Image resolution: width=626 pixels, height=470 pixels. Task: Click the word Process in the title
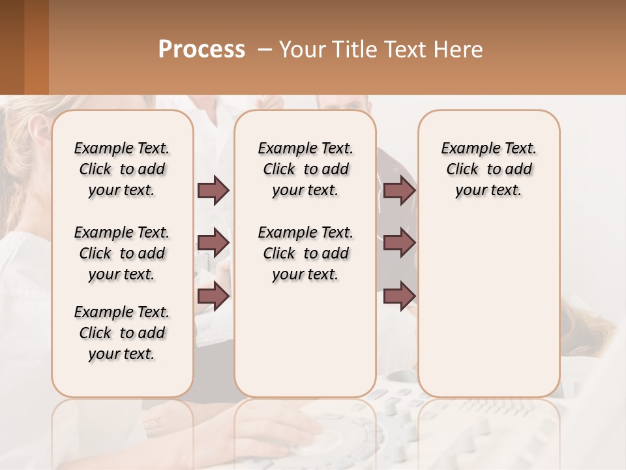[x=201, y=50]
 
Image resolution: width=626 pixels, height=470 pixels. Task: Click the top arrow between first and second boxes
[x=213, y=191]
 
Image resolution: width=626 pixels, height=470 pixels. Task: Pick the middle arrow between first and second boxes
[x=213, y=243]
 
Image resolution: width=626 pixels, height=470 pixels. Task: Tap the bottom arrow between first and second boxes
[x=213, y=296]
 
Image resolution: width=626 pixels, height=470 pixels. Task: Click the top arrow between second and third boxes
[x=399, y=191]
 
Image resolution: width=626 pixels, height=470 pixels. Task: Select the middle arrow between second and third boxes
[x=399, y=243]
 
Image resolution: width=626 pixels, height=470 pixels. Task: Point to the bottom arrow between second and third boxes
[x=399, y=296]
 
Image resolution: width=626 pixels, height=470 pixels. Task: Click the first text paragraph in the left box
[x=122, y=169]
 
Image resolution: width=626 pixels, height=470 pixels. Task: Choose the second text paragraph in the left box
[x=122, y=253]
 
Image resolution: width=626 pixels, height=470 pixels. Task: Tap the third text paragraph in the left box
[x=122, y=333]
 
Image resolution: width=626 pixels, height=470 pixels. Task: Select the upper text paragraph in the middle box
[x=305, y=169]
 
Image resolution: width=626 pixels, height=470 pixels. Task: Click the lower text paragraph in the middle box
[x=305, y=253]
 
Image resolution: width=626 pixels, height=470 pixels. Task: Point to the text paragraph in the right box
[x=488, y=169]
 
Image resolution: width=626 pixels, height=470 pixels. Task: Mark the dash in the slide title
[x=265, y=50]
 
